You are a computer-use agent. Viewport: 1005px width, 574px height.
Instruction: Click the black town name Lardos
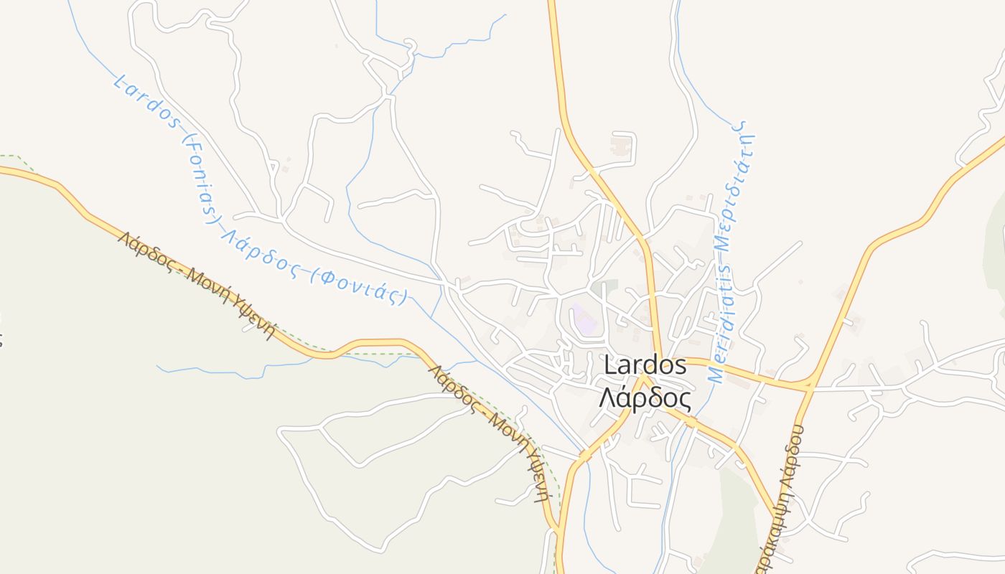[x=645, y=365]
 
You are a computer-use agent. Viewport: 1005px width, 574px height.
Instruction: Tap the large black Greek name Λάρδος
[x=645, y=398]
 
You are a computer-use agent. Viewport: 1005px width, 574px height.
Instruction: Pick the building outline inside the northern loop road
[x=619, y=148]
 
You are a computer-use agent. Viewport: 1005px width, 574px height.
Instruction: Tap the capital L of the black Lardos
[x=609, y=365]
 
